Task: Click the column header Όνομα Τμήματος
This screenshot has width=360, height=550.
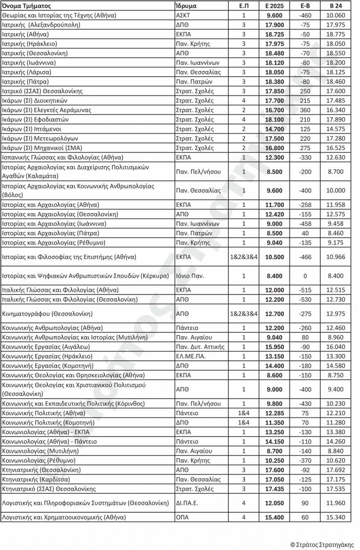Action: point(27,6)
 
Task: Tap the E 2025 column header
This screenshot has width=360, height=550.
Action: point(274,6)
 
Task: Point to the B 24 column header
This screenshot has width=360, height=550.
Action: point(336,6)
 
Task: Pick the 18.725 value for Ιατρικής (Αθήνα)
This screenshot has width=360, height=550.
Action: point(274,34)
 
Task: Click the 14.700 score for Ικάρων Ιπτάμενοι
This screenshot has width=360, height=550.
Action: point(274,129)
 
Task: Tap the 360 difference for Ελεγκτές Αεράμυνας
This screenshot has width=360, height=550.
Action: point(305,110)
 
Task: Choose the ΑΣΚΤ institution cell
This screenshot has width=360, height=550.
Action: point(182,16)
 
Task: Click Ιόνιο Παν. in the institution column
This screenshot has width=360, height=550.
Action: point(190,276)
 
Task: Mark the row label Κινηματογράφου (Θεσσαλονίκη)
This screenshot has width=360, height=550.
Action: point(47,314)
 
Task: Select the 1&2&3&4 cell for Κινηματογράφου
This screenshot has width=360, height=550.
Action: point(244,314)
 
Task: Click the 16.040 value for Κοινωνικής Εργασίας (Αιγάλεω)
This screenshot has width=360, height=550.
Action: point(336,347)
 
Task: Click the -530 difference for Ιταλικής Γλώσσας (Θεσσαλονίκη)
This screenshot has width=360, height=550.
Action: point(305,300)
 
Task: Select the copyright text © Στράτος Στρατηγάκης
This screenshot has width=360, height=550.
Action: point(322,545)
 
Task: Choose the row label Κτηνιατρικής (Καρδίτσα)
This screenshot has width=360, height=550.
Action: point(36,479)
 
